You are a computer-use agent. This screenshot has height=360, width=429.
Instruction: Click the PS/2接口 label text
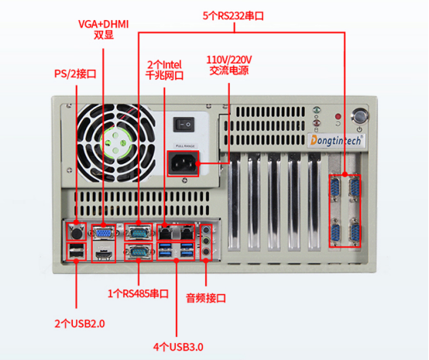click(75, 74)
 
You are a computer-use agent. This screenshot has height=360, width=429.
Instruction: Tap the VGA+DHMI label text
click(104, 24)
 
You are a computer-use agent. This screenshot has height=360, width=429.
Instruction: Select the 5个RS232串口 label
click(233, 15)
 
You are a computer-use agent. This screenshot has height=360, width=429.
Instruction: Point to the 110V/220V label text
click(229, 60)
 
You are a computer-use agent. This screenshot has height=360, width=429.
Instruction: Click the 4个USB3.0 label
click(178, 347)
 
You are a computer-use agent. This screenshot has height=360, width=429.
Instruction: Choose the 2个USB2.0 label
click(80, 324)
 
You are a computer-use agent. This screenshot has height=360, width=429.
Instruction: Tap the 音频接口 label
click(206, 298)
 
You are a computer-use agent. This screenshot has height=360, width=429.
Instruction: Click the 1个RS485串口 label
click(138, 293)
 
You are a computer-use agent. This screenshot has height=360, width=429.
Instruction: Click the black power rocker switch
click(184, 125)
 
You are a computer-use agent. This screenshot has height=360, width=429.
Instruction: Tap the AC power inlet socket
click(183, 163)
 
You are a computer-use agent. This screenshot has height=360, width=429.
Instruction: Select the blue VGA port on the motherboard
click(104, 233)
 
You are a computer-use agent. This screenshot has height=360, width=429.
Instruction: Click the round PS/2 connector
click(77, 233)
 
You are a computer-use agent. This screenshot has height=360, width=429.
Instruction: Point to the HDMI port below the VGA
click(104, 255)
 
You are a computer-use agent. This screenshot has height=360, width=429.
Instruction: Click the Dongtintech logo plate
click(336, 141)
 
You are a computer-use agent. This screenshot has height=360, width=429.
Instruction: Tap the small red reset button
click(338, 116)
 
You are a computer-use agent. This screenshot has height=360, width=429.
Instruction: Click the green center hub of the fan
click(115, 142)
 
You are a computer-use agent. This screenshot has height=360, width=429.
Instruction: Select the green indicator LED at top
click(317, 110)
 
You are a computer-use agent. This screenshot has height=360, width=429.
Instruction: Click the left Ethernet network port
click(165, 232)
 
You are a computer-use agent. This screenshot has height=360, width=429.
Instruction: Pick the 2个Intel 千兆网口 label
click(164, 70)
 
